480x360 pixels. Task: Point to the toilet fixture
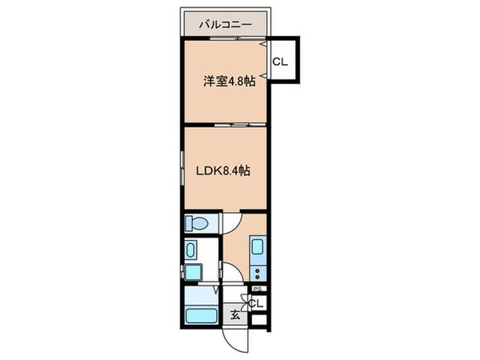click(196, 223)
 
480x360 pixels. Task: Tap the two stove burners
click(258, 271)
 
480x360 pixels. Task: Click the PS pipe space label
click(257, 289)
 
